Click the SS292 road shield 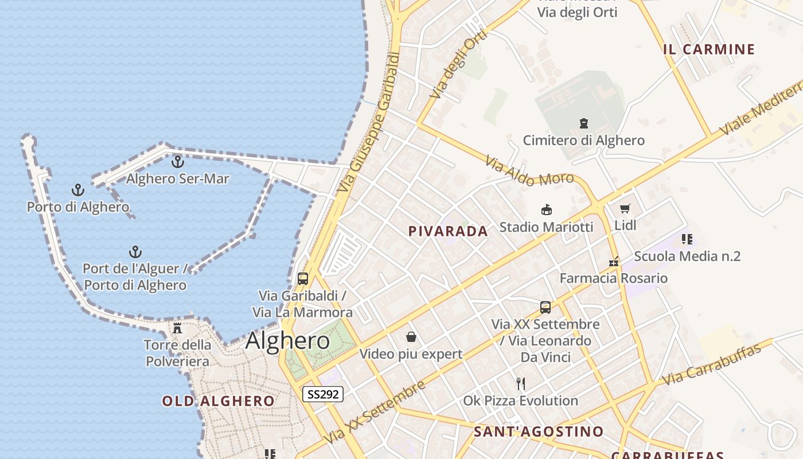point(323,394)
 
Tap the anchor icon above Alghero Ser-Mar point(178,162)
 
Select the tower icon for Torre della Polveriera point(177,328)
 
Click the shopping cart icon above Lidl point(625,209)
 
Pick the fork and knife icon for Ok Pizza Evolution point(521,383)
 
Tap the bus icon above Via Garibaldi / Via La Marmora point(303,279)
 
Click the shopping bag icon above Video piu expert point(411,337)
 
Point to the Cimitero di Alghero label point(583,141)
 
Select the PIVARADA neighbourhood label point(448,231)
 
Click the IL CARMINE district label point(709,49)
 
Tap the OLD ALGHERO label point(218,401)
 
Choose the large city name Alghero point(287,341)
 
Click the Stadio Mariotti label point(546,227)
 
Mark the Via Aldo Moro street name point(529,172)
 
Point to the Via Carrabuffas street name point(711,365)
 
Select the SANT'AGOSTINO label point(539,431)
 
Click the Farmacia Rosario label point(613,278)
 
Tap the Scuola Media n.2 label point(687,256)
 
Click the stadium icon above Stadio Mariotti point(547,210)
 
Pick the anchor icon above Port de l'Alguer point(135,252)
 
